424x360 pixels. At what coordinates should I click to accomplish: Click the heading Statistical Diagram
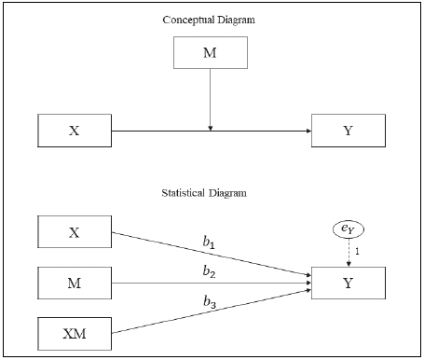tap(211, 194)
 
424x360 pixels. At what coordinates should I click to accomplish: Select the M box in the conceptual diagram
tap(211, 52)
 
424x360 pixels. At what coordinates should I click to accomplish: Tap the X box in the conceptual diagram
tap(74, 131)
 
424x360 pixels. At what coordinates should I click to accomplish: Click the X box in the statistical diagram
tap(74, 232)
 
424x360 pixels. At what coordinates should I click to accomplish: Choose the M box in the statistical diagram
tap(74, 282)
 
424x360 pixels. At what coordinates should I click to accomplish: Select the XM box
tap(74, 332)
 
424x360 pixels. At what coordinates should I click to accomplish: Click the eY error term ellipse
tap(349, 228)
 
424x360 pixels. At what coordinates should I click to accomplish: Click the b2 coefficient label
tap(210, 271)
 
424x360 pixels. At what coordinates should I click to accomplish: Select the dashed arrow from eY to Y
tap(349, 252)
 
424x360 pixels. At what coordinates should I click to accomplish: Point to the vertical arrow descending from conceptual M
tap(211, 98)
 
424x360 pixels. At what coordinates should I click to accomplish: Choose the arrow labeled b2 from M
tap(168, 282)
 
